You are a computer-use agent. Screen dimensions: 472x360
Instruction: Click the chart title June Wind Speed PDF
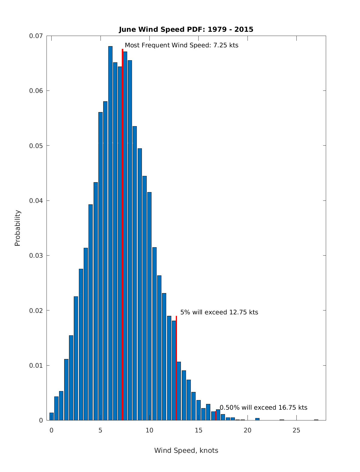tap(186, 29)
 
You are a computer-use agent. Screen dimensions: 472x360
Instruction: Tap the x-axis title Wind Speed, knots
tap(186, 450)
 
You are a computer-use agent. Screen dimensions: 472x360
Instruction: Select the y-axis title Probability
tap(18, 228)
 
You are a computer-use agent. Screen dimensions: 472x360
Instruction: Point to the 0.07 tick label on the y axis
tap(36, 36)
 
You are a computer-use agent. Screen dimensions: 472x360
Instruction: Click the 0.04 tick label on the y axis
tap(36, 200)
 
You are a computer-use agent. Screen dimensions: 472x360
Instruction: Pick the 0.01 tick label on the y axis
tap(36, 365)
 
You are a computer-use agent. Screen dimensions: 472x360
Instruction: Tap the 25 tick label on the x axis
tap(296, 430)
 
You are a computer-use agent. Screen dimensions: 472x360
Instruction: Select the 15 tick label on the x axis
tap(198, 430)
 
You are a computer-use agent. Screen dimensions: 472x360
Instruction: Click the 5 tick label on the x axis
tap(100, 430)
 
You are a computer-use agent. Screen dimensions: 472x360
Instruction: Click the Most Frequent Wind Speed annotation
tap(181, 45)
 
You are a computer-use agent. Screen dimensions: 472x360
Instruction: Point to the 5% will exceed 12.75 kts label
tap(219, 312)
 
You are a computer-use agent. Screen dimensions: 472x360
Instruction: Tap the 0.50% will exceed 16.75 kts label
tap(263, 408)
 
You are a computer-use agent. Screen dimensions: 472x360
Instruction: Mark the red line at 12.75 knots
tap(176, 369)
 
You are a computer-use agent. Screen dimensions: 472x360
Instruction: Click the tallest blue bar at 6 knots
tap(110, 234)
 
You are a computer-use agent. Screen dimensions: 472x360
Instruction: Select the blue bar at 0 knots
tap(52, 417)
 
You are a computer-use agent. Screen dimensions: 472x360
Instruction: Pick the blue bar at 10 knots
tap(149, 306)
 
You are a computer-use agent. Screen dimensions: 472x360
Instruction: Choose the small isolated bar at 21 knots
tap(257, 419)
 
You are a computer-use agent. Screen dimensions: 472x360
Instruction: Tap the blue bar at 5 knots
tap(100, 267)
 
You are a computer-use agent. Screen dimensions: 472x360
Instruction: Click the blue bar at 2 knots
tap(71, 378)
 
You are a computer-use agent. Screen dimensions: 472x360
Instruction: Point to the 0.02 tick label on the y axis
tap(36, 310)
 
